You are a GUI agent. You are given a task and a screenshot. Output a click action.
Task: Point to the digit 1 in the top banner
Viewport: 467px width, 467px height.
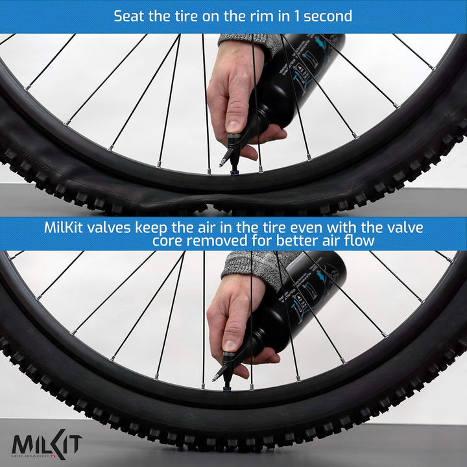294,16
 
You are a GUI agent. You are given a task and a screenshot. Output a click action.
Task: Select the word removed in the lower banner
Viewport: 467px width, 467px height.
217,241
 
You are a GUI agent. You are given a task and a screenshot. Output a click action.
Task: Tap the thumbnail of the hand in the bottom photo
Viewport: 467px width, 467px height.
231,344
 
